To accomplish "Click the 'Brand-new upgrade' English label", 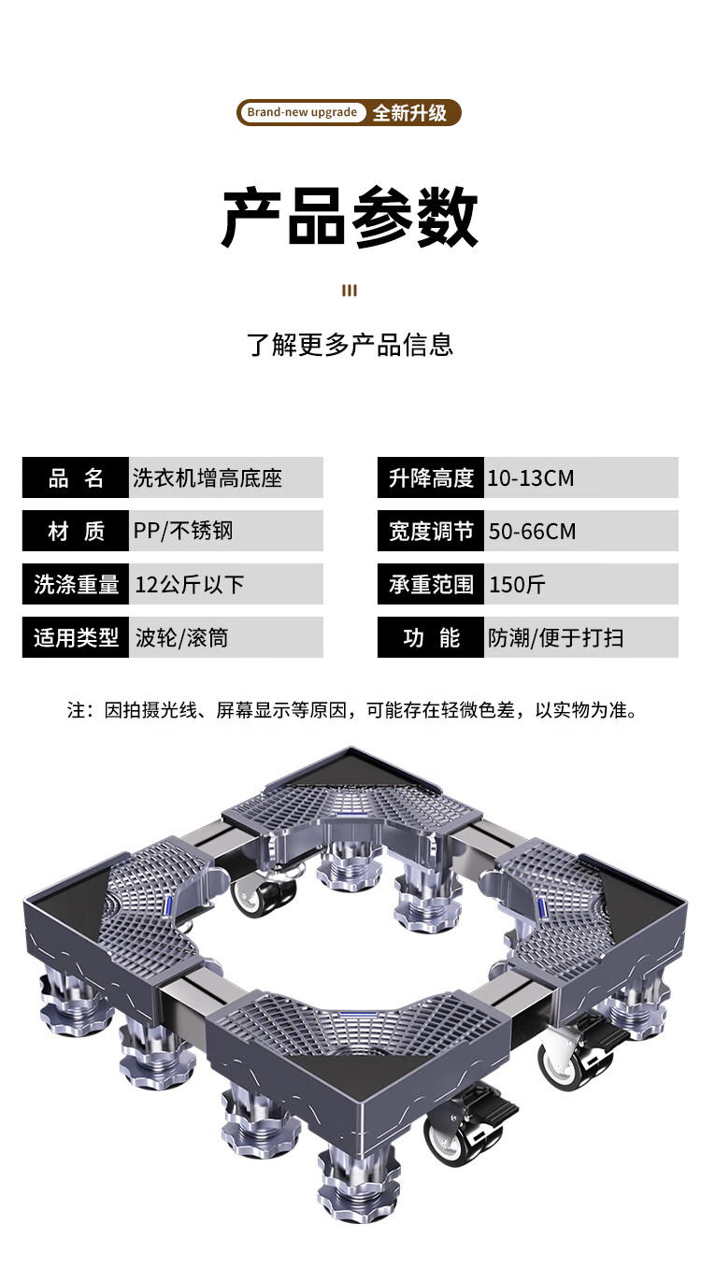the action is click(302, 113).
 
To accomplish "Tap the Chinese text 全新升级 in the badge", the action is click(409, 113).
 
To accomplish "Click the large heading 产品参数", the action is click(350, 218).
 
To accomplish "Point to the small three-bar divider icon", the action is click(350, 291).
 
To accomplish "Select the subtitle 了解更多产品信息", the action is click(350, 345).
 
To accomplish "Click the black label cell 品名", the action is click(76, 478).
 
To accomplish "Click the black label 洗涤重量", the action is click(76, 585).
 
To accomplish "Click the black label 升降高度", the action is click(431, 478).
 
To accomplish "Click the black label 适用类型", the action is click(76, 638).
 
